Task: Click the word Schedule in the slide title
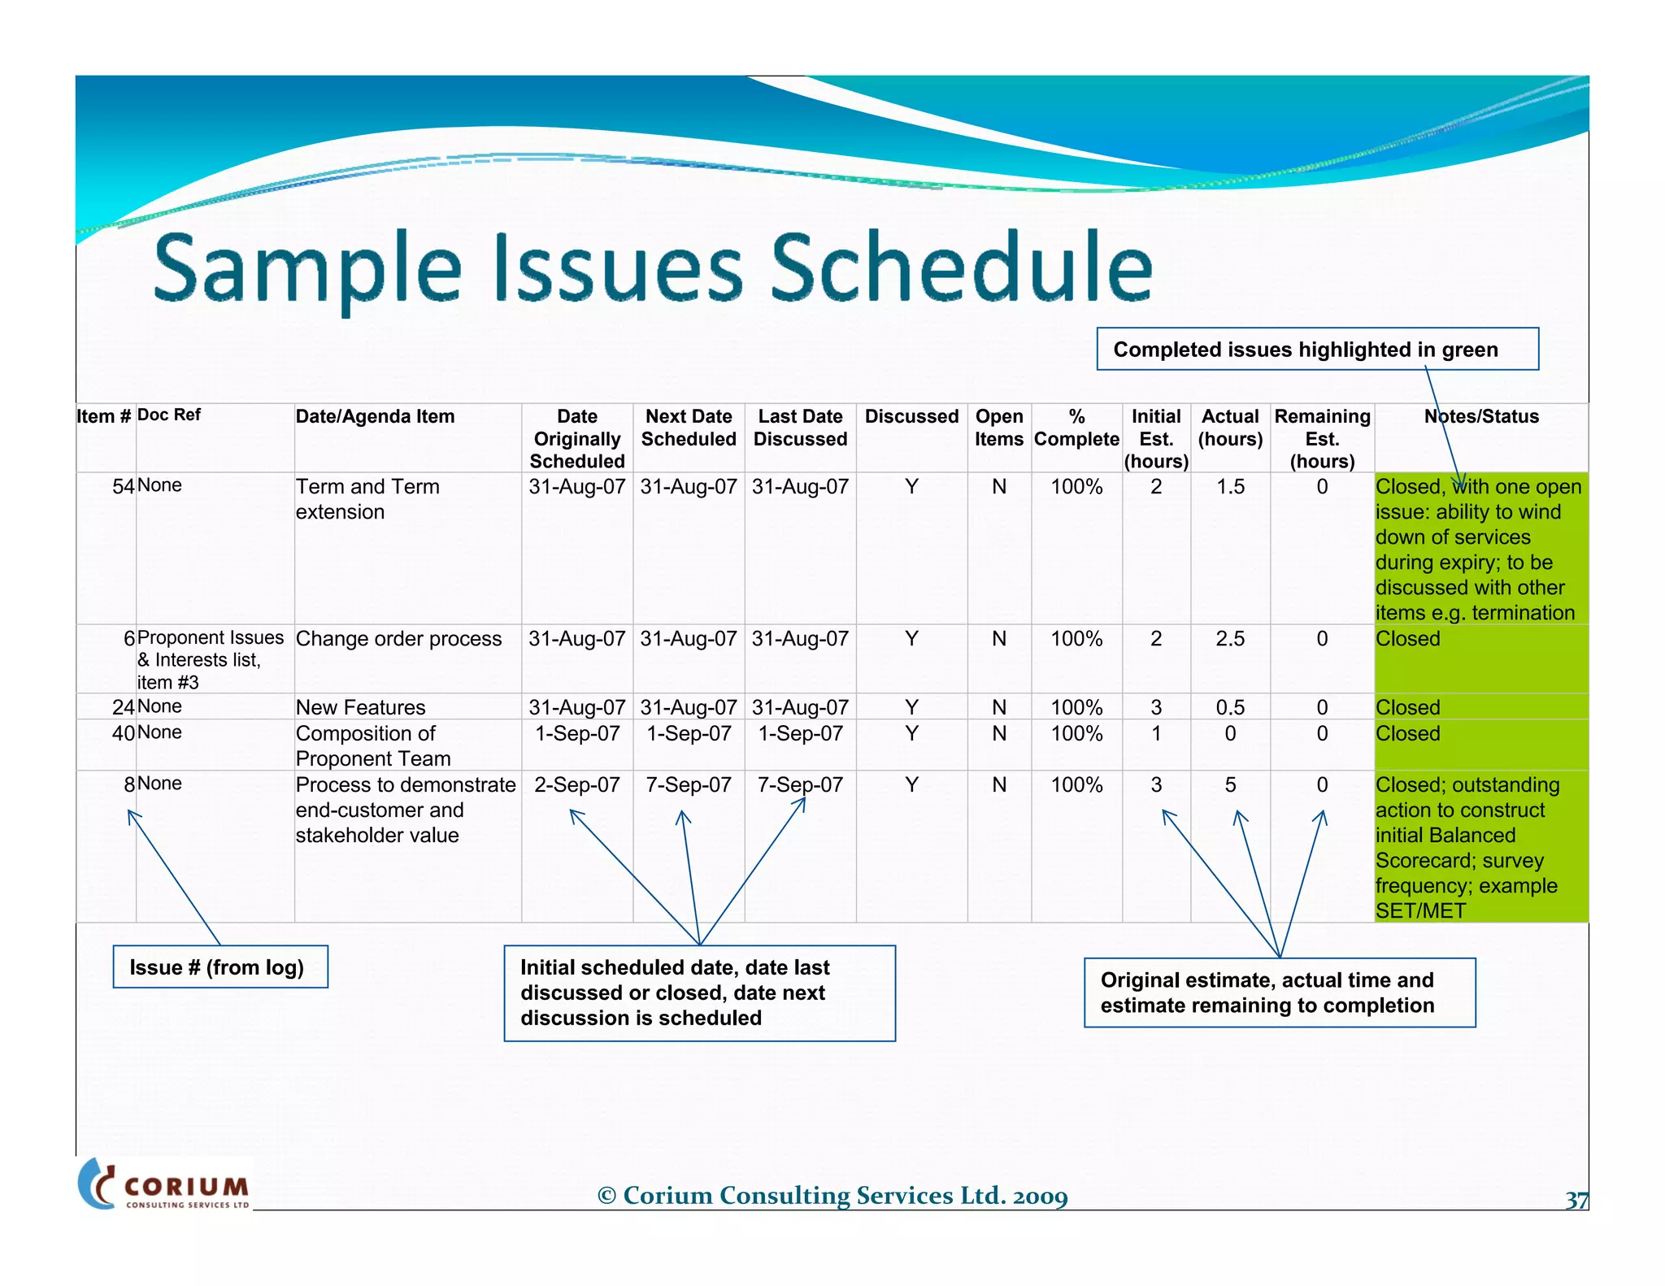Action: pos(961,267)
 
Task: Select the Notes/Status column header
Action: pos(1480,417)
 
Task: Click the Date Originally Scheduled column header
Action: pos(577,439)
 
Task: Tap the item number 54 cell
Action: pos(123,487)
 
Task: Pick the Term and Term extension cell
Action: pos(367,499)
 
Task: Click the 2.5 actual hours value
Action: pos(1230,639)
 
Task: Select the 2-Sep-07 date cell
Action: pos(577,785)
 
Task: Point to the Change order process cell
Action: pos(398,639)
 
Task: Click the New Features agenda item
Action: pos(360,707)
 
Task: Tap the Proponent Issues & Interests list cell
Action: pos(210,659)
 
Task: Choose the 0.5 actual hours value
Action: pos(1230,707)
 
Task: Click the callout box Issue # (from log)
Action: pos(220,967)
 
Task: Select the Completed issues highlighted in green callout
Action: pos(1317,350)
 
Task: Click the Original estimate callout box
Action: pos(1280,993)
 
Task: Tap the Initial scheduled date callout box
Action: pos(699,993)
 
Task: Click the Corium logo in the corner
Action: pos(165,1184)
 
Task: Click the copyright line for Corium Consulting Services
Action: pos(832,1196)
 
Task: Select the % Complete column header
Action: pos(1076,428)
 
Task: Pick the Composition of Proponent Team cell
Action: pos(373,745)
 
